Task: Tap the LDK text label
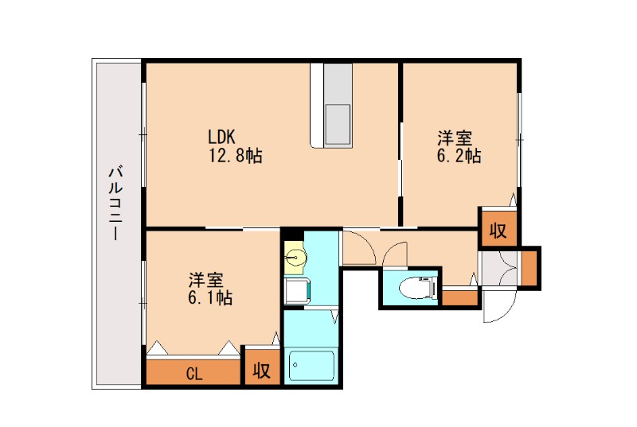(221, 135)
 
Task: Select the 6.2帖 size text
(458, 156)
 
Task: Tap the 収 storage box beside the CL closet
(262, 371)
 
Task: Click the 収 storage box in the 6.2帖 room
(498, 231)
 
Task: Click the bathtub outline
(312, 367)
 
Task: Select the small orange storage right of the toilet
(459, 299)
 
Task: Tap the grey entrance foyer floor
(498, 269)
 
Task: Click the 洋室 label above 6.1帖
(205, 280)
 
